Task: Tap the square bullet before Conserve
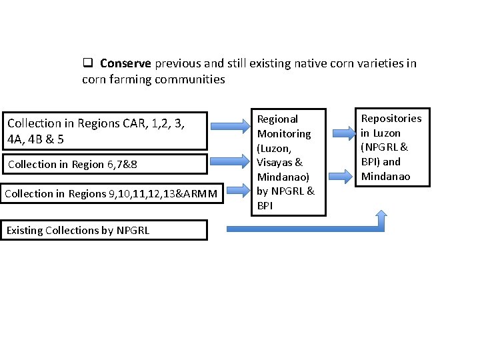pyautogui.click(x=87, y=63)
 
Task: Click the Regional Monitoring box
pyautogui.click(x=288, y=163)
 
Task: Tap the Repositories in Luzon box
pyautogui.click(x=392, y=147)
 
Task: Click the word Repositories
pyautogui.click(x=391, y=119)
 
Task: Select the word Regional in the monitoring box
pyautogui.click(x=277, y=119)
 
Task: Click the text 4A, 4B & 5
pyautogui.click(x=35, y=140)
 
